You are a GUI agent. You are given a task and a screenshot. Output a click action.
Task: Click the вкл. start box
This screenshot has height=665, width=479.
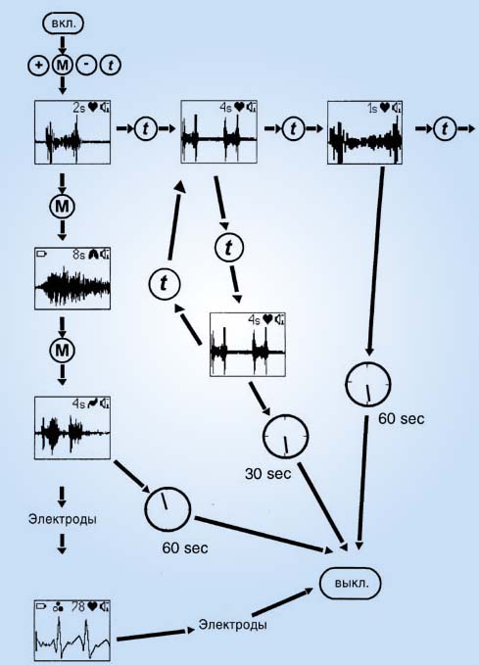(64, 23)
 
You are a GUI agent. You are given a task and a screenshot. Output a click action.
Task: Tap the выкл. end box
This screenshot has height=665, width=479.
(351, 583)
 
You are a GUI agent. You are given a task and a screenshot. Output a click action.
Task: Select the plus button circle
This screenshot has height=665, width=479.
(38, 66)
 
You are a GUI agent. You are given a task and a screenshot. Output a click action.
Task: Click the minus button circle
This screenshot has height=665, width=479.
(86, 66)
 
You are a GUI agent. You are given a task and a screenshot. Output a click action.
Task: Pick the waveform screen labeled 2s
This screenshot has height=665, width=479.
(72, 132)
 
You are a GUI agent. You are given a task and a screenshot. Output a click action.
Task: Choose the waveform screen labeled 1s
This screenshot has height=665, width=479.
(364, 132)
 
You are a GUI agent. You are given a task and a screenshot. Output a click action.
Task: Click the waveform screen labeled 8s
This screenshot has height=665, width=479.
(72, 279)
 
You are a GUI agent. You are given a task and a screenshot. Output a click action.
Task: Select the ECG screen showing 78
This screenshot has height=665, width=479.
(72, 631)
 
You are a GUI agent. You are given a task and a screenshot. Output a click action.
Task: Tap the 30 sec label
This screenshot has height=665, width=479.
(268, 473)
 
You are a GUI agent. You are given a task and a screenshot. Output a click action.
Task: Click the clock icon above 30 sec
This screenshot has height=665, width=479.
(285, 437)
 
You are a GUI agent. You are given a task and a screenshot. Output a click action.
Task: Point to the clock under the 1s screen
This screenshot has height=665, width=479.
(368, 384)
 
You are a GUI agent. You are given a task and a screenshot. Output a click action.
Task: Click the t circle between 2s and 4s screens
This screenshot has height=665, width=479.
(146, 128)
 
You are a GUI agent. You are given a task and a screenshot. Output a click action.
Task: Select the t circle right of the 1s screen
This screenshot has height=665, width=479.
(445, 128)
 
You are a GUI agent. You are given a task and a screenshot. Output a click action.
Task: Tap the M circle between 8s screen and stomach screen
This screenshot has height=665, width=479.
(62, 350)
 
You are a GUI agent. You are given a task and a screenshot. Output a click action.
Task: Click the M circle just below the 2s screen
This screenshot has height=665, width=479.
(62, 207)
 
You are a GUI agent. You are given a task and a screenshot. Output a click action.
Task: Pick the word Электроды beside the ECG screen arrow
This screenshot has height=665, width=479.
(232, 625)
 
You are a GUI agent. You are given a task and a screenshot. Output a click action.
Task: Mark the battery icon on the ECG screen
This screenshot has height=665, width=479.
(41, 606)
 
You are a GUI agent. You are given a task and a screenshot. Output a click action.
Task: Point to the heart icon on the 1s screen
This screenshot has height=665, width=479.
(385, 108)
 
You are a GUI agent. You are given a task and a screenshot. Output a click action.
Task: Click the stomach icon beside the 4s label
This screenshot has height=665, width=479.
(93, 404)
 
